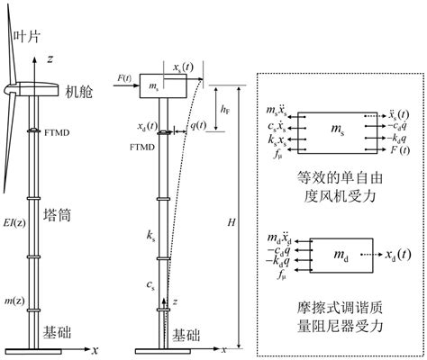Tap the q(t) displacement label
pos(200,125)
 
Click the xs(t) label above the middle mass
pos(187,67)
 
